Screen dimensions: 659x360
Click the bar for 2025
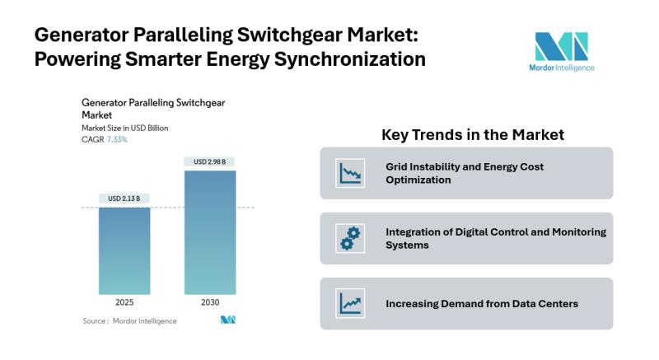124,250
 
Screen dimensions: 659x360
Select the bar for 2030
210,232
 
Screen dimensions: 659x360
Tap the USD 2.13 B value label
124,199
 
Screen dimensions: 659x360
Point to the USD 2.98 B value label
210,161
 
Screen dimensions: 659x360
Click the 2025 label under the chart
124,302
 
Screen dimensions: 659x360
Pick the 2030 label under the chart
210,302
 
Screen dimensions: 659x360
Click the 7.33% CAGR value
117,139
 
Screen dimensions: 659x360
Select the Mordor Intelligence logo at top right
562,52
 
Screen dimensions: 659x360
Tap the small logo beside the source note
228,320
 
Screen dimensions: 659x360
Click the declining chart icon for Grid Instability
350,173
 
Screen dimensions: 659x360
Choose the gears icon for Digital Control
350,238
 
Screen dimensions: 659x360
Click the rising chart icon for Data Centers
350,303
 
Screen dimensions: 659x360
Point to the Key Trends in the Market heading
473,135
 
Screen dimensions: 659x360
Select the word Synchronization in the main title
350,58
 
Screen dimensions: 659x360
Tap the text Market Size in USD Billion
125,129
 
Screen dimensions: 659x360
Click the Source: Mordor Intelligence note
129,321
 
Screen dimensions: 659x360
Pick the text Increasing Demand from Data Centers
482,304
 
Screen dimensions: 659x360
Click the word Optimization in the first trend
418,180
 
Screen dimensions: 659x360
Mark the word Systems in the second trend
407,245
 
